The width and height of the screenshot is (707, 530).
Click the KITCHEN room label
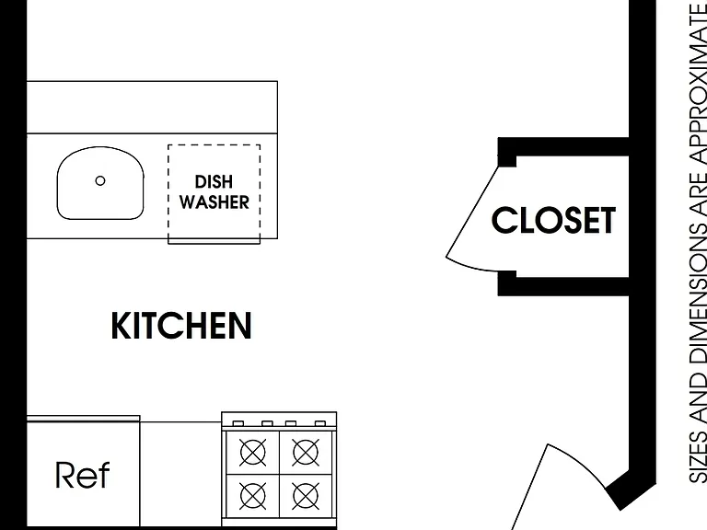coord(181,326)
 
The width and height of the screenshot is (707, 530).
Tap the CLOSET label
coord(553,220)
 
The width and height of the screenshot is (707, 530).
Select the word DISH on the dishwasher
coord(214,182)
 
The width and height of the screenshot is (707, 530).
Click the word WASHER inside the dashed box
coord(214,202)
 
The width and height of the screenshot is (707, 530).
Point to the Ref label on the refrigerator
coord(83,475)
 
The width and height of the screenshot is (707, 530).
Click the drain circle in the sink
coord(100,180)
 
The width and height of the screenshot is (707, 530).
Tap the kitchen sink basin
coord(100,183)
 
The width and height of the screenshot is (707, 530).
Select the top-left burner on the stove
coord(252,452)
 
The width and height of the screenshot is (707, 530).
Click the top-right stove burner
coord(306,452)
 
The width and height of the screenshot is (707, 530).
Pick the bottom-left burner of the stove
coord(252,496)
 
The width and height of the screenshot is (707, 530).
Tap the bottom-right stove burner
coord(306,496)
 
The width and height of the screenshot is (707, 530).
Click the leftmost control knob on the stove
coord(238,423)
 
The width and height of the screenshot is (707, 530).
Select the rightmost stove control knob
coord(320,423)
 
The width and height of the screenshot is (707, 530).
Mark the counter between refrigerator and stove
coord(180,474)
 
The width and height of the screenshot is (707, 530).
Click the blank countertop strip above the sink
coord(152,108)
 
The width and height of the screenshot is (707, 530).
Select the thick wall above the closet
coord(563,147)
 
